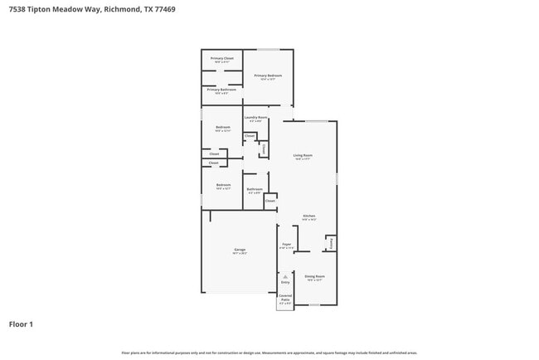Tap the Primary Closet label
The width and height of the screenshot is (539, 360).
[221, 59]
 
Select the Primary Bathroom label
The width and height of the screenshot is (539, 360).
[221, 90]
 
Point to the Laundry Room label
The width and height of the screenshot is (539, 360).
[255, 118]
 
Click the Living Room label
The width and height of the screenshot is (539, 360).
[303, 155]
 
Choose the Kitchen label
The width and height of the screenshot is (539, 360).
[308, 216]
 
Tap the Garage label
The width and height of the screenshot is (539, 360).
[239, 250]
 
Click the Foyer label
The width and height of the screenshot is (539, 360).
[286, 245]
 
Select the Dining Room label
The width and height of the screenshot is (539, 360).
[314, 276]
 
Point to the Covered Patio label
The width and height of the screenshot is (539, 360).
[285, 297]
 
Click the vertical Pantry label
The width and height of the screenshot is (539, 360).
[332, 243]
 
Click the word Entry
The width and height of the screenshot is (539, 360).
[285, 283]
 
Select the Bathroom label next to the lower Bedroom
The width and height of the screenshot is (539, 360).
[255, 189]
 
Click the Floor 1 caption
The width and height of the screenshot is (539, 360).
[21, 324]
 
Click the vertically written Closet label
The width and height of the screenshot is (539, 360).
[264, 148]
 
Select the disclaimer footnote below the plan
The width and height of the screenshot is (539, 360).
[269, 353]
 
